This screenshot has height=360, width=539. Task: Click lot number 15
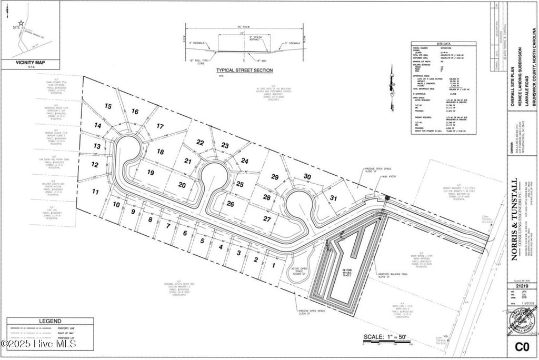pos(108,106)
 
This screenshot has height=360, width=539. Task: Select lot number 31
pos(333,198)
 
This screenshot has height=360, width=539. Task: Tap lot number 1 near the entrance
pos(273,265)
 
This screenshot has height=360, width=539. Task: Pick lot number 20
pos(183,185)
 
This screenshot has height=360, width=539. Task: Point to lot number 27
pos(267,218)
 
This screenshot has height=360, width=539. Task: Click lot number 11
pos(95,192)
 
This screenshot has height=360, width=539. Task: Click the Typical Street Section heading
pos(245,70)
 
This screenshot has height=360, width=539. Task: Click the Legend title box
pos(51,321)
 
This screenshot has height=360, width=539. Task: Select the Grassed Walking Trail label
pos(393,274)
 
